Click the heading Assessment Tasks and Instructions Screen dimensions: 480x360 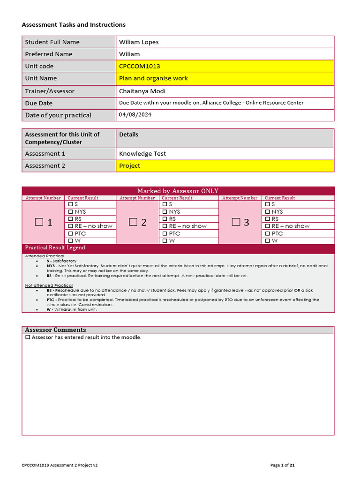(74, 25)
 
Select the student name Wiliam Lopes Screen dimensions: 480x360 (139, 42)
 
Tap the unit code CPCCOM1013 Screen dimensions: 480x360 (140, 67)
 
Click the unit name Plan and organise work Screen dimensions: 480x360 (153, 78)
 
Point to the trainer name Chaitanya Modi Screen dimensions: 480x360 (142, 91)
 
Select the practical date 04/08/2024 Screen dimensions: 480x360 (135, 114)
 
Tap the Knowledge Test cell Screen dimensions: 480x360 (142, 153)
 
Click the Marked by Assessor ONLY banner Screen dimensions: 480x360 (178, 191)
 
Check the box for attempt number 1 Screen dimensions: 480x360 (39, 222)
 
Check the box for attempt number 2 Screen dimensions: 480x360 (133, 222)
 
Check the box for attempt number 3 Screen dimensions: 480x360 (236, 222)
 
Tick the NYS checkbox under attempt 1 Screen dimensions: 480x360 (71, 212)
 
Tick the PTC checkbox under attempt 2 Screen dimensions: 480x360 (165, 233)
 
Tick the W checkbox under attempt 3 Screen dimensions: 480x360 (268, 240)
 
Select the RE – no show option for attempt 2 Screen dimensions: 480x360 (165, 226)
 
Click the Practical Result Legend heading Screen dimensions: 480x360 (55, 247)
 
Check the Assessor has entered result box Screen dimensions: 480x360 (28, 337)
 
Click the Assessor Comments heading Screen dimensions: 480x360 (55, 330)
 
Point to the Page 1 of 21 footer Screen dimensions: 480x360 (283, 465)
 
